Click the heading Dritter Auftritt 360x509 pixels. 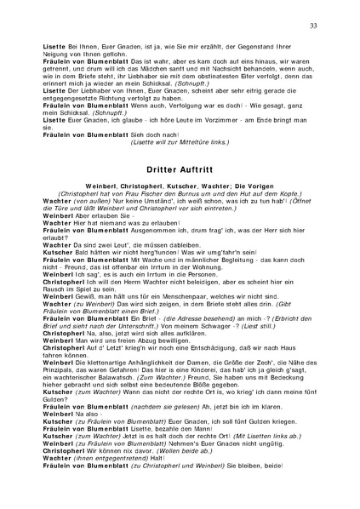pos(180,145)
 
